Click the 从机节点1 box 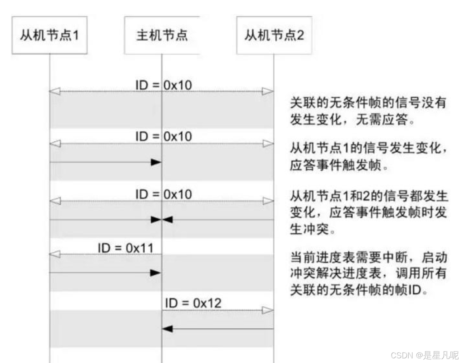click(50, 35)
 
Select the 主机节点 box click(162, 35)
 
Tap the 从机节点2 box click(274, 35)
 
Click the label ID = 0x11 click(125, 248)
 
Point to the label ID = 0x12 click(193, 303)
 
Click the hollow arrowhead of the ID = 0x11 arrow click(54, 255)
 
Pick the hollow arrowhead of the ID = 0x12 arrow click(268, 310)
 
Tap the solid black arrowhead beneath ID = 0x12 click(168, 329)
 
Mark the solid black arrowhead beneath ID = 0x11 click(155, 273)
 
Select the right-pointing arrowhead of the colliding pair click(155, 219)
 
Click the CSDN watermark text click(401, 355)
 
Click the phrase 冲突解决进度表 click(335, 274)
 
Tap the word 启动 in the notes click(435, 257)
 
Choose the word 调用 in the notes click(408, 274)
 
